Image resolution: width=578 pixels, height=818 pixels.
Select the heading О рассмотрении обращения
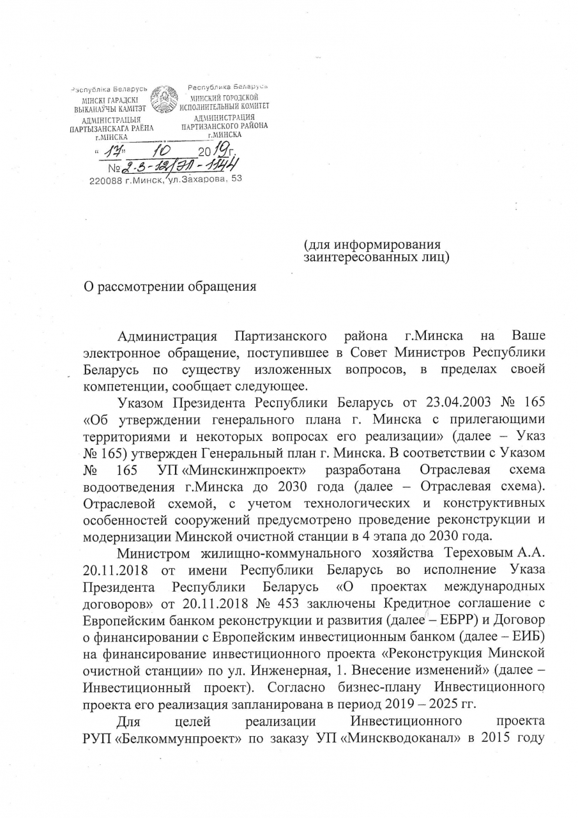tap(171, 286)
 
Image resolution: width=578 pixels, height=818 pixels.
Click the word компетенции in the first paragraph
tap(125, 385)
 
